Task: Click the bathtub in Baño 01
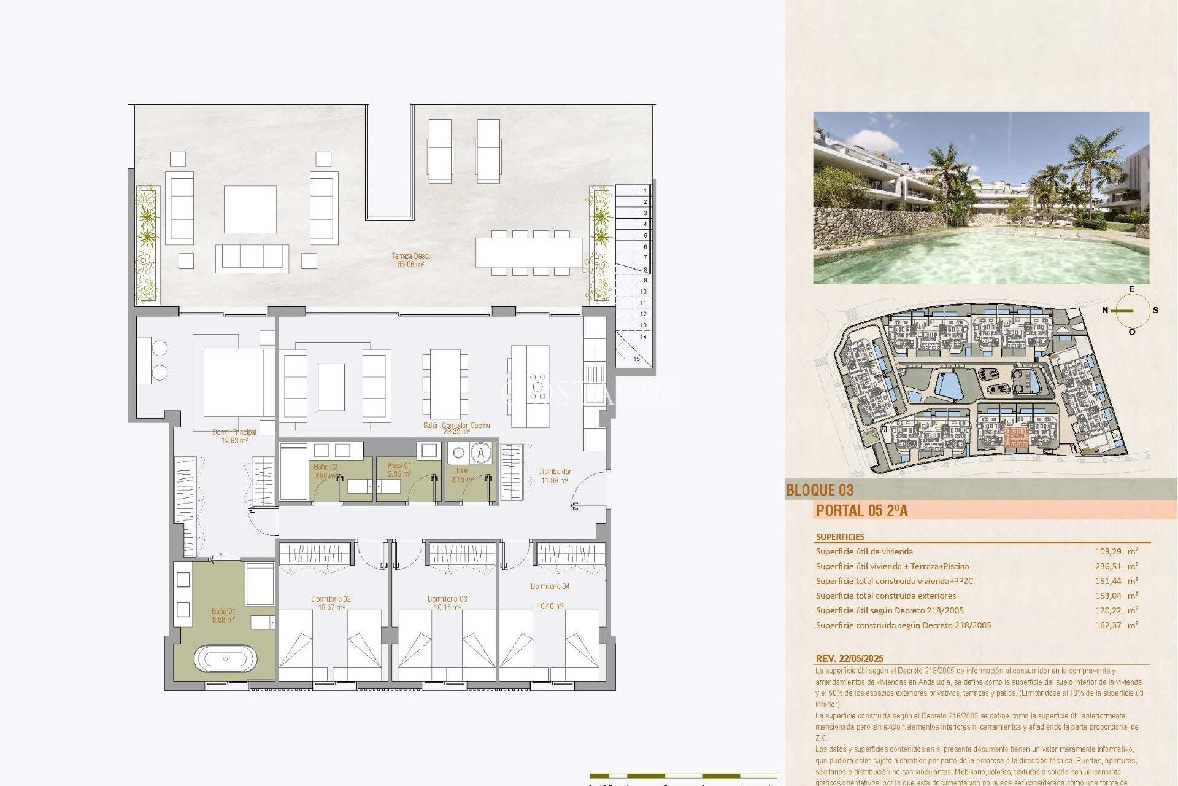(225, 659)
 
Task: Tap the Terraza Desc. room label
(410, 260)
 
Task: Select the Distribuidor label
(554, 476)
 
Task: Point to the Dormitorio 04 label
(550, 586)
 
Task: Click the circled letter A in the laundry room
(481, 453)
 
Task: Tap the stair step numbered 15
(636, 359)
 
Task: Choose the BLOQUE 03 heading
(820, 490)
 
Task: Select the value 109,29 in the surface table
(1109, 551)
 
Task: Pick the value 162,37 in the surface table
(1109, 625)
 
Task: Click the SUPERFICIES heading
(840, 537)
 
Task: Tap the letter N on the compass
(1105, 310)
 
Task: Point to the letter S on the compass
(1155, 310)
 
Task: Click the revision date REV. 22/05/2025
(849, 658)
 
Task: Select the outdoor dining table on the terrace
(529, 252)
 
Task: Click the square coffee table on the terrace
(250, 209)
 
